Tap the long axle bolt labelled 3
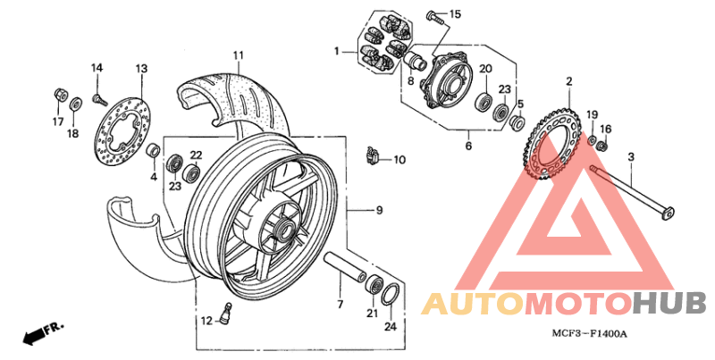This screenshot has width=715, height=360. coord(630,191)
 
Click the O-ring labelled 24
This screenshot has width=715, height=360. coord(391,295)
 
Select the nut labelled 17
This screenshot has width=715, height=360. coord(59,93)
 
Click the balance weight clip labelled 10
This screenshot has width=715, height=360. coord(373,157)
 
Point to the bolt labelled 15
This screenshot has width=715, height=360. coord(433,14)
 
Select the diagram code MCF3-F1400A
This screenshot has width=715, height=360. coord(589,334)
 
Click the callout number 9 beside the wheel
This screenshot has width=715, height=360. coord(379,210)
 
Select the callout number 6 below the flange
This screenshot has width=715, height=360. coord(467,147)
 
